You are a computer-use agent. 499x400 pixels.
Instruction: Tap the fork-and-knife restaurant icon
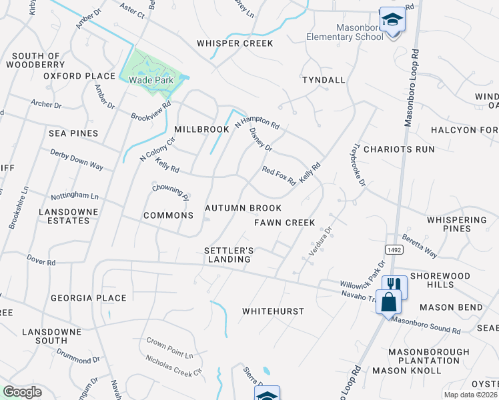tap(395, 285)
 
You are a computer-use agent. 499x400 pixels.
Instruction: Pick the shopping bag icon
tap(388, 301)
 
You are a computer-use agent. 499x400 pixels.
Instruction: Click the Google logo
tap(22, 392)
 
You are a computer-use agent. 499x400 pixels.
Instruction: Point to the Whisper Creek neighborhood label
tap(235, 43)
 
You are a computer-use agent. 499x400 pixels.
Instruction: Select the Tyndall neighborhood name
tap(324, 80)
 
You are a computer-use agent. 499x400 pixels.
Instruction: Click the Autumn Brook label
tap(243, 208)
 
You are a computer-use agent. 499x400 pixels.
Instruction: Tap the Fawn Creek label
tap(284, 222)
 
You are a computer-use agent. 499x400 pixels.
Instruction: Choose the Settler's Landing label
tap(229, 255)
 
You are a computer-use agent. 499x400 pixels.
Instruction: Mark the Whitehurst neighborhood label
tap(273, 311)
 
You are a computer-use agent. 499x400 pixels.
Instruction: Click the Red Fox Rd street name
tap(279, 176)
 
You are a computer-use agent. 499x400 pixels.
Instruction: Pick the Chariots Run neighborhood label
tap(399, 149)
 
